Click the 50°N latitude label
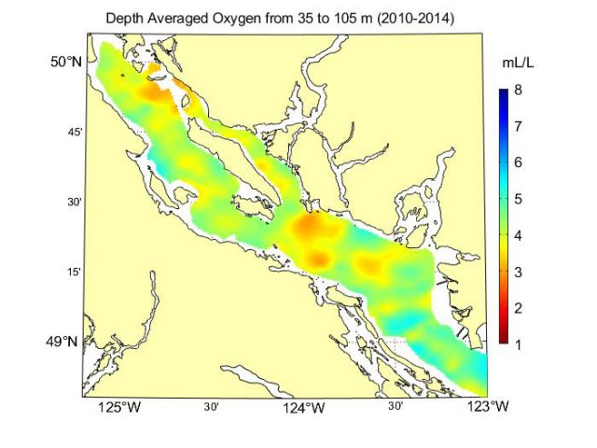(x=65, y=62)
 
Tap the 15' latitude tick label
(x=76, y=272)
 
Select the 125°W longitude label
(x=119, y=408)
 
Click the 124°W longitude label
(x=304, y=408)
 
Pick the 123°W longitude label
(x=489, y=408)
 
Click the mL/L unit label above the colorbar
(x=517, y=63)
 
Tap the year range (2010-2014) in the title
(x=410, y=19)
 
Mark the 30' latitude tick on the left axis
(x=76, y=202)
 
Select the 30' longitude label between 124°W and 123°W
(x=396, y=407)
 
